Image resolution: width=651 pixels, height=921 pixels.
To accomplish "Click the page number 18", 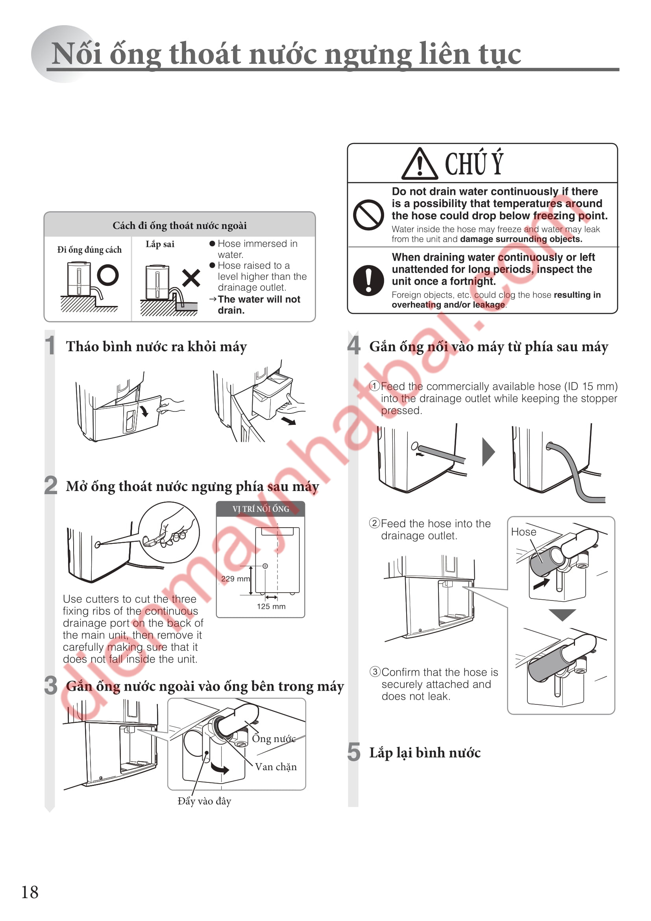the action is click(30, 892).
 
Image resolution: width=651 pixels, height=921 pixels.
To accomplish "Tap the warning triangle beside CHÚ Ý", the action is click(419, 164).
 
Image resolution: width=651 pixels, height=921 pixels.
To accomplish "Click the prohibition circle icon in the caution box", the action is click(368, 215).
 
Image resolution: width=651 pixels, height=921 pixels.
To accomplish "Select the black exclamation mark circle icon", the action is click(368, 280).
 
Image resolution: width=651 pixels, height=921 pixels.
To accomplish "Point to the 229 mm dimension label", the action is click(235, 579).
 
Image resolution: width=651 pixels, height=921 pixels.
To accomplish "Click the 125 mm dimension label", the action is click(272, 606).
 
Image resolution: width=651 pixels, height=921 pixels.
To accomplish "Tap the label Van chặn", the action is click(276, 767).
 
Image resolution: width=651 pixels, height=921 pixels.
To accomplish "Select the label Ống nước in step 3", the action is click(274, 738).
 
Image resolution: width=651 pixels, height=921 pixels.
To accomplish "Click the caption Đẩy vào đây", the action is click(204, 801).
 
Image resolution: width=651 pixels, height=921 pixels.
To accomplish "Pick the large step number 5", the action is click(353, 752).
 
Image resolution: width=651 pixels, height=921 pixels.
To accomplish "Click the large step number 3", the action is click(51, 686).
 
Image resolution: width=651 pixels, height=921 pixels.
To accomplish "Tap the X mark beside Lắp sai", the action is click(191, 278).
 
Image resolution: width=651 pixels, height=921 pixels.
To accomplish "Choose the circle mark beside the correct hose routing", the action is click(108, 275).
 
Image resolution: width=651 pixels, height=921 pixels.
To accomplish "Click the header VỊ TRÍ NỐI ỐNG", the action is click(261, 509).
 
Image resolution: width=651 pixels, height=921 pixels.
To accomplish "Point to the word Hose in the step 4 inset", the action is click(523, 532).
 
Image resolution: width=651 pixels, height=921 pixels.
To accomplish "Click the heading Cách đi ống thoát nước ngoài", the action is click(179, 226).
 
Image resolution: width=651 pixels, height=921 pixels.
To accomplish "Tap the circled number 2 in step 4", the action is click(374, 523).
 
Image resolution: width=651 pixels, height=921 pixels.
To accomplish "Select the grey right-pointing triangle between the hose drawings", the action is click(488, 452).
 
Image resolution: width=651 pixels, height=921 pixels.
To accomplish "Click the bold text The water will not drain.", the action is click(259, 305).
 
